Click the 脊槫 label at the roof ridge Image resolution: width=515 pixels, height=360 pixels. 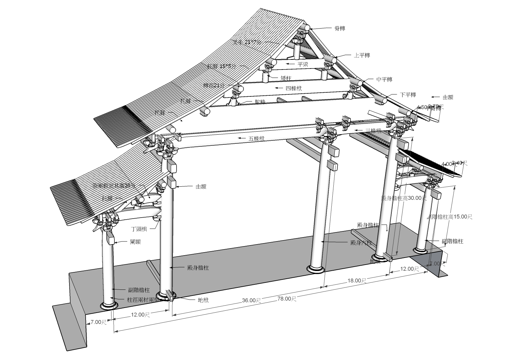tap(340, 29)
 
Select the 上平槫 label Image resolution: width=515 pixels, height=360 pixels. tap(362, 55)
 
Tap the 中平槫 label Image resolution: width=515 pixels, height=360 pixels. tap(384, 80)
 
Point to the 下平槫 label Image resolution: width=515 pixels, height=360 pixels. tap(408, 95)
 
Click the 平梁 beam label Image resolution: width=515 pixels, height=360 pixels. tap(303, 64)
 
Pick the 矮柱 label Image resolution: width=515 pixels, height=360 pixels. tap(286, 78)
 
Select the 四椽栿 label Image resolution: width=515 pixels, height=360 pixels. tap(293, 88)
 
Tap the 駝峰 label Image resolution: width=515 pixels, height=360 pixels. tap(260, 101)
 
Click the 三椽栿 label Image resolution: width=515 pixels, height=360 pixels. tap(374, 131)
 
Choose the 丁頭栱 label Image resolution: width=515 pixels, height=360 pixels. tap(139, 229)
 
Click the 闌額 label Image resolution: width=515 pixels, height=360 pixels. tap(135, 242)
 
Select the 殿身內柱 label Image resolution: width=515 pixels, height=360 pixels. tap(361, 242)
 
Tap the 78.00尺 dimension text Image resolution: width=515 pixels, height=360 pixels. tap(287, 299)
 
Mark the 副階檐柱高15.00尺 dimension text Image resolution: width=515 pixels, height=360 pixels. tap(450, 217)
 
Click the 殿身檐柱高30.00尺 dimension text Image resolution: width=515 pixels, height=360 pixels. tap(404, 198)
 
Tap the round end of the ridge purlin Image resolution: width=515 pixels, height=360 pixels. tap(307, 28)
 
